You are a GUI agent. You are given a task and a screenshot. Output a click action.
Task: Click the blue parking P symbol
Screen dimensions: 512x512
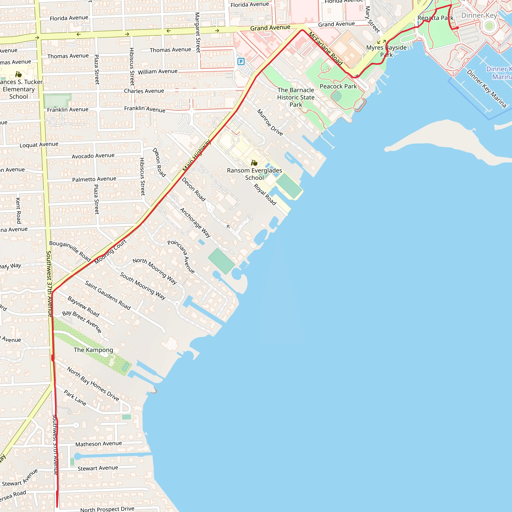(x=241, y=61)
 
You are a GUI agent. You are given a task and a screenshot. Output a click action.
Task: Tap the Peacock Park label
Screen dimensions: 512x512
(x=338, y=86)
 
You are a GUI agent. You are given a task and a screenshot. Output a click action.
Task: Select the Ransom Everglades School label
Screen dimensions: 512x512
(x=254, y=174)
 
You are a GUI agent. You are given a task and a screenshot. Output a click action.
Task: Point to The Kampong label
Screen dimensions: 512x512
(x=93, y=350)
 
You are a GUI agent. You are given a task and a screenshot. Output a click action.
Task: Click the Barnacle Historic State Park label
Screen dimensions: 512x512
(x=296, y=97)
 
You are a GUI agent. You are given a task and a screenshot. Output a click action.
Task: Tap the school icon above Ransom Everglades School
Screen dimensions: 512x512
(x=254, y=163)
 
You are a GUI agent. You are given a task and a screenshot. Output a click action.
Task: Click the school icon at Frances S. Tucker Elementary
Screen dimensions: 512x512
(x=18, y=74)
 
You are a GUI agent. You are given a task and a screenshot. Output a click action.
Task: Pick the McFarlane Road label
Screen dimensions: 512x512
(x=325, y=48)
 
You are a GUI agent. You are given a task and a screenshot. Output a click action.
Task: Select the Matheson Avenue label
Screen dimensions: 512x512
(x=98, y=444)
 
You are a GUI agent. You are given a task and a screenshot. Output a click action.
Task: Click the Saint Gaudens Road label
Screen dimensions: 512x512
(x=107, y=295)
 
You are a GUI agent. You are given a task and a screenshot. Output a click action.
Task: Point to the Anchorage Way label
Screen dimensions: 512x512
(x=195, y=222)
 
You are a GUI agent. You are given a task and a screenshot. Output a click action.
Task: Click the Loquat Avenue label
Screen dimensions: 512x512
(x=39, y=144)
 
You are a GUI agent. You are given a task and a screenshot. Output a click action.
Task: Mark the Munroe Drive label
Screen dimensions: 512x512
(x=270, y=122)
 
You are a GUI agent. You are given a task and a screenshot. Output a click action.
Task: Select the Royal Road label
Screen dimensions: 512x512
(x=265, y=194)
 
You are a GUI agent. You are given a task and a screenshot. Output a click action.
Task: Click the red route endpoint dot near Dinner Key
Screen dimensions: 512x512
(x=457, y=27)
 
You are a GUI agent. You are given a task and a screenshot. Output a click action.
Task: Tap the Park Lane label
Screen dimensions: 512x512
(x=75, y=397)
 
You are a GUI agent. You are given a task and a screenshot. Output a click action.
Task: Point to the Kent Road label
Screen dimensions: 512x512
(x=18, y=210)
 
